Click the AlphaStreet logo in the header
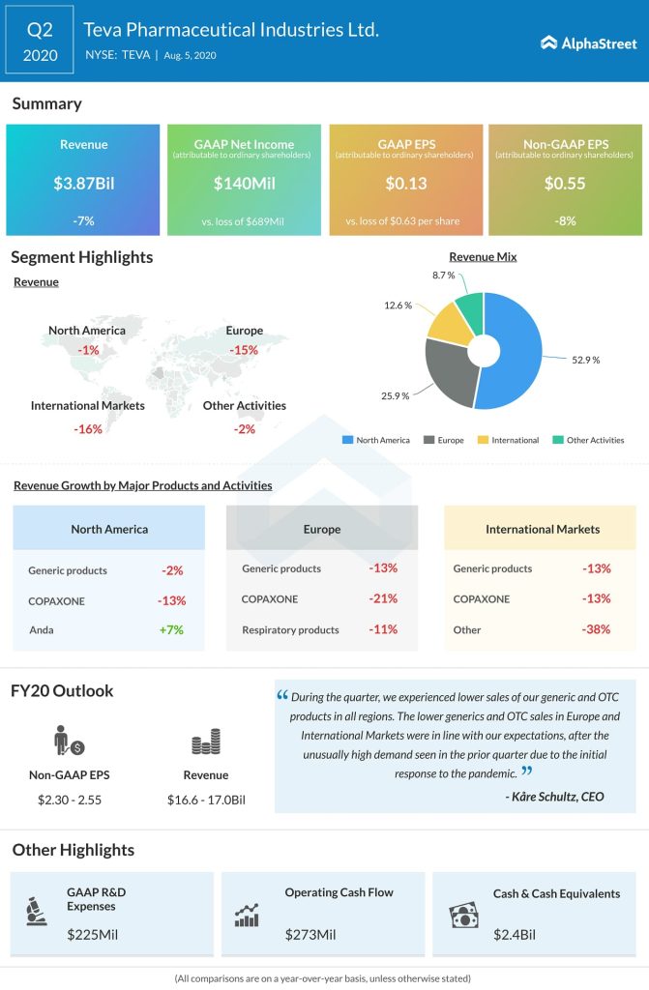pyautogui.click(x=588, y=43)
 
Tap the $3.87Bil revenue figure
pyautogui.click(x=82, y=182)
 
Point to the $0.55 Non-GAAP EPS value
pyautogui.click(x=564, y=182)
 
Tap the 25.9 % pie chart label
pyautogui.click(x=396, y=395)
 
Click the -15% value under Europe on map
pyautogui.click(x=245, y=350)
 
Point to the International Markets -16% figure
pyautogui.click(x=87, y=429)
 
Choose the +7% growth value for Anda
pyautogui.click(x=171, y=630)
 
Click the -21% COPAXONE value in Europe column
pyautogui.click(x=383, y=599)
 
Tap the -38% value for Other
pyautogui.click(x=597, y=630)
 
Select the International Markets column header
pyautogui.click(x=542, y=529)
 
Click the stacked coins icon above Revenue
pyautogui.click(x=205, y=742)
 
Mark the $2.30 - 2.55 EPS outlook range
pyautogui.click(x=68, y=801)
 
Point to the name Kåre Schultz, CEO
pyautogui.click(x=554, y=797)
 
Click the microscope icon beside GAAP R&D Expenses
pyautogui.click(x=37, y=912)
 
